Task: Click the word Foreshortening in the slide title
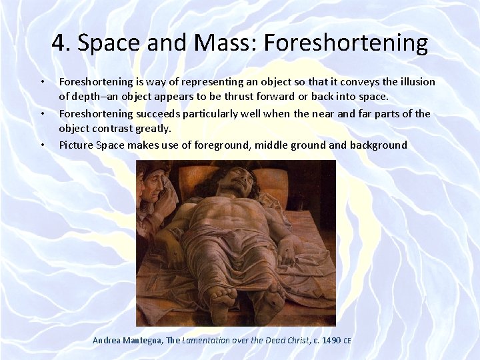coord(346,43)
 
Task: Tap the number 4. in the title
coord(61,43)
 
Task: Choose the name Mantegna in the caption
coord(142,340)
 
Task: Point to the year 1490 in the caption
coord(331,340)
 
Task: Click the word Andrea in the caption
coord(106,340)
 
